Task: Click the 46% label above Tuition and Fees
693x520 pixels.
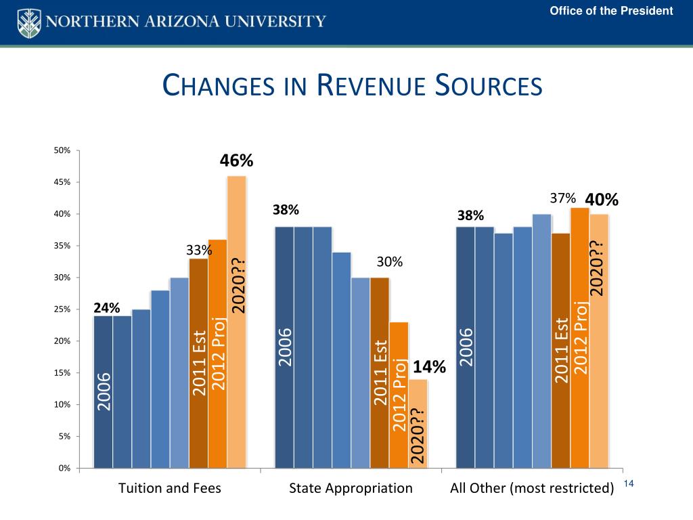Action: (236, 160)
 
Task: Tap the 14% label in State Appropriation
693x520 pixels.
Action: (429, 367)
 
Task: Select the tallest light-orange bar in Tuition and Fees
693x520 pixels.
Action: (236, 322)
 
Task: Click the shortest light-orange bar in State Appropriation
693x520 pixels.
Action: (418, 423)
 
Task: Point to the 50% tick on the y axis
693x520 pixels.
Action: (62, 150)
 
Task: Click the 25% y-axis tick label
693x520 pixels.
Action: (62, 309)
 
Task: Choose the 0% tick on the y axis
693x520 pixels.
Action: (64, 468)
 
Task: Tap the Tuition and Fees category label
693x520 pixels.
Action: (169, 488)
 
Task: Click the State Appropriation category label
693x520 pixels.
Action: (351, 488)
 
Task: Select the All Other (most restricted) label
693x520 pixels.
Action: (532, 488)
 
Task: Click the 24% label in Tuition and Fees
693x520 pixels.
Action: (107, 308)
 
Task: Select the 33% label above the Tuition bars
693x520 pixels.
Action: (199, 251)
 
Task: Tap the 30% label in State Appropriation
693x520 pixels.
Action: (390, 262)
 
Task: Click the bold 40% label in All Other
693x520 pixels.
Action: (602, 200)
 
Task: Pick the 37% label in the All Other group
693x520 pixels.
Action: (562, 198)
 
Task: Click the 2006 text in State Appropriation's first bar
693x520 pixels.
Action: (285, 347)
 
